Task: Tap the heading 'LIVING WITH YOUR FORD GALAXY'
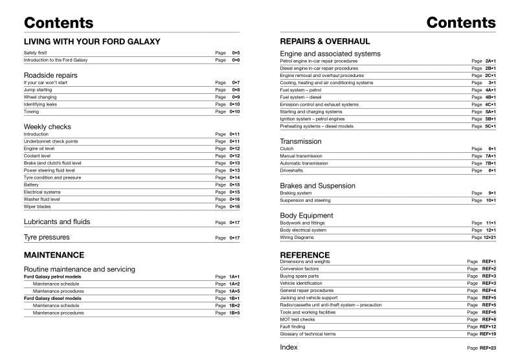click(91, 41)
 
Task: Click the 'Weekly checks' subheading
click(47, 126)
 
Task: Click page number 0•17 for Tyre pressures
click(234, 238)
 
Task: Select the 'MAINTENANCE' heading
click(54, 255)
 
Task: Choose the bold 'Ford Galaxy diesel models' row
click(53, 298)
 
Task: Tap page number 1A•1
click(234, 276)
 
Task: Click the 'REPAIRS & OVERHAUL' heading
click(330, 41)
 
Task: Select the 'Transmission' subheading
click(300, 141)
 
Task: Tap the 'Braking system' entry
click(296, 193)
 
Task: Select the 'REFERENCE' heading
click(305, 254)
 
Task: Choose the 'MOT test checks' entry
click(297, 319)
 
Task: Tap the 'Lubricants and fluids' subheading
click(57, 221)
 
